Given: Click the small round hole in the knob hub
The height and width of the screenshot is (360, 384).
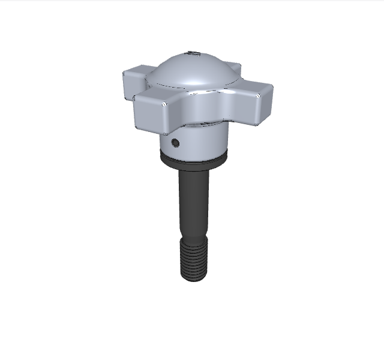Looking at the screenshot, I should [x=175, y=142].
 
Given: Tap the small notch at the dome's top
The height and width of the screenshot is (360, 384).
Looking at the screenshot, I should [x=193, y=54].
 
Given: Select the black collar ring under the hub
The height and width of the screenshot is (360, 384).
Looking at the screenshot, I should [x=194, y=161].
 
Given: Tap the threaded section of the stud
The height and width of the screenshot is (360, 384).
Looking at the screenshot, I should [x=194, y=258].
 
